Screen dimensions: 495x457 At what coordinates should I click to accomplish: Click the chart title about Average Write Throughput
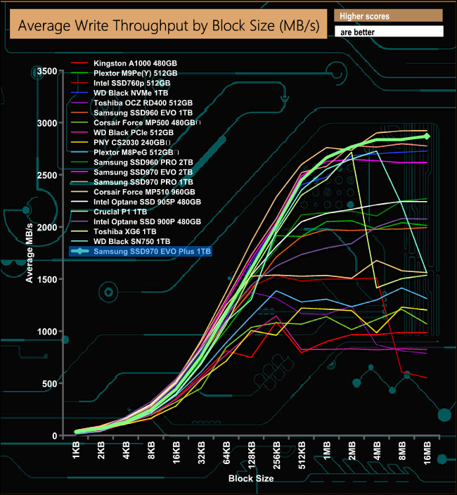click(167, 26)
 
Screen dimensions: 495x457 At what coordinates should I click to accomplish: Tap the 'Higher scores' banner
click(389, 15)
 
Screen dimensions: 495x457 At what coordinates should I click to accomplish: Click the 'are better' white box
click(389, 32)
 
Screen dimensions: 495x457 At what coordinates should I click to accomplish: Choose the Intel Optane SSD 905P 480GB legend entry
click(147, 202)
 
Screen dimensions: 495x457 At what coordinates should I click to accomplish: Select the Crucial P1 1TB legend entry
click(120, 212)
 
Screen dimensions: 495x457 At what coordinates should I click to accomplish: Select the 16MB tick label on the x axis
click(427, 454)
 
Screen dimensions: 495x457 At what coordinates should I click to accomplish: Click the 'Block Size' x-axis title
click(251, 479)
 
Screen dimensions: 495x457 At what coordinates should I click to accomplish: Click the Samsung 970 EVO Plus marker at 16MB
click(426, 136)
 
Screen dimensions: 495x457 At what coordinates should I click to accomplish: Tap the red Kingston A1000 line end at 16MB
click(426, 378)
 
